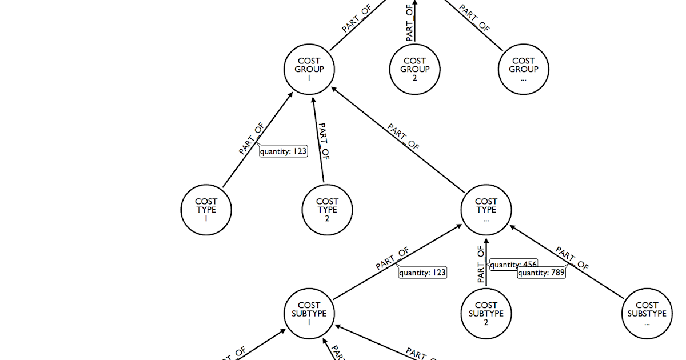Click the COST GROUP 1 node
point(309,69)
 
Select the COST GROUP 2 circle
point(414,69)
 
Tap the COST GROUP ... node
point(523,69)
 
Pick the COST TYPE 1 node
point(206,209)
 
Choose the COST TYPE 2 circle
point(327,209)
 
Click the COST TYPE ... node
point(486,209)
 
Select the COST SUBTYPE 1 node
point(309,313)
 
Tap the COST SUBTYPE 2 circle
point(486,313)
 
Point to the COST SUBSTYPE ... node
point(647,313)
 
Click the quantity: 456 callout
point(505,265)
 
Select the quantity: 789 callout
point(541,273)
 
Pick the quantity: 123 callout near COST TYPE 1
point(284,151)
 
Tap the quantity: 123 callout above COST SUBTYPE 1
point(422,273)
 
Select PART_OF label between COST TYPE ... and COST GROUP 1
point(404,137)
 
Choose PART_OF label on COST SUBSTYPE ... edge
point(572,259)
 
